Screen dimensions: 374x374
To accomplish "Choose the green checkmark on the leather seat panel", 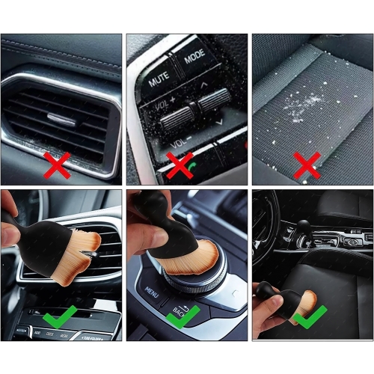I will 307,318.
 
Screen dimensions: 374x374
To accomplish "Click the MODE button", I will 194,56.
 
